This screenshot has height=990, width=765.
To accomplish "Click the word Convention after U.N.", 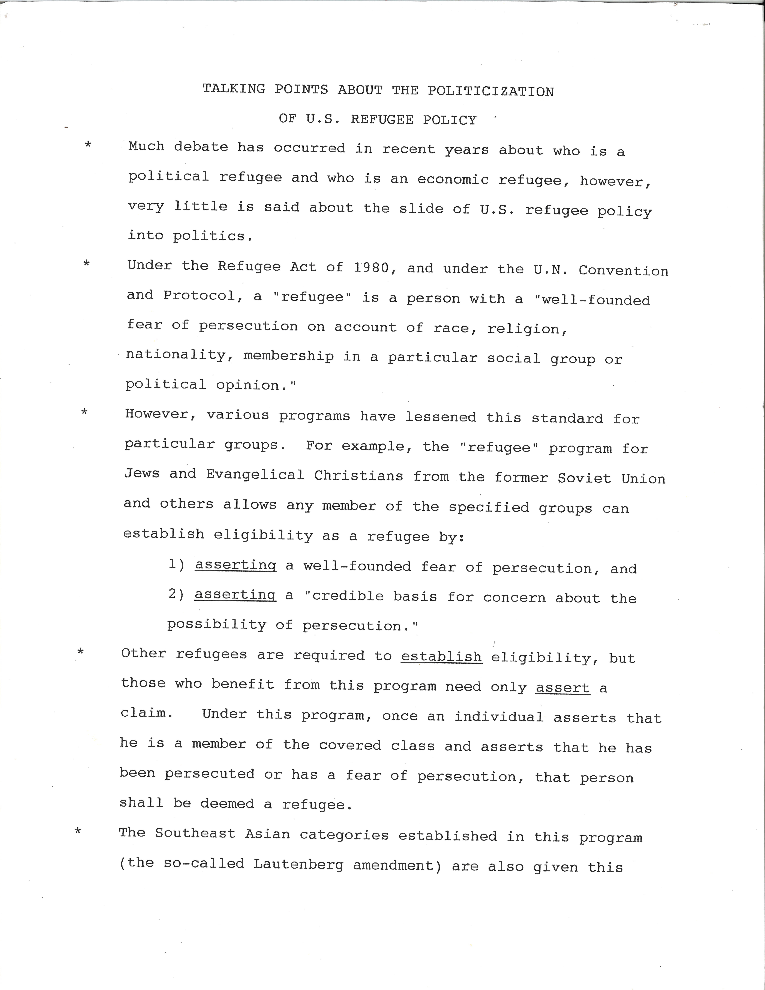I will [x=623, y=271].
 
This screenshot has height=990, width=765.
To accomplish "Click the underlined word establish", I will [x=441, y=656].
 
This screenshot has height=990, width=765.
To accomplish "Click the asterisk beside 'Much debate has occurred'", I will [x=88, y=145].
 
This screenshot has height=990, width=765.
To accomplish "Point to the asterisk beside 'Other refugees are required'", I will [x=81, y=652].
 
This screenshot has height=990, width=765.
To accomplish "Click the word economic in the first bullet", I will [x=453, y=180].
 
